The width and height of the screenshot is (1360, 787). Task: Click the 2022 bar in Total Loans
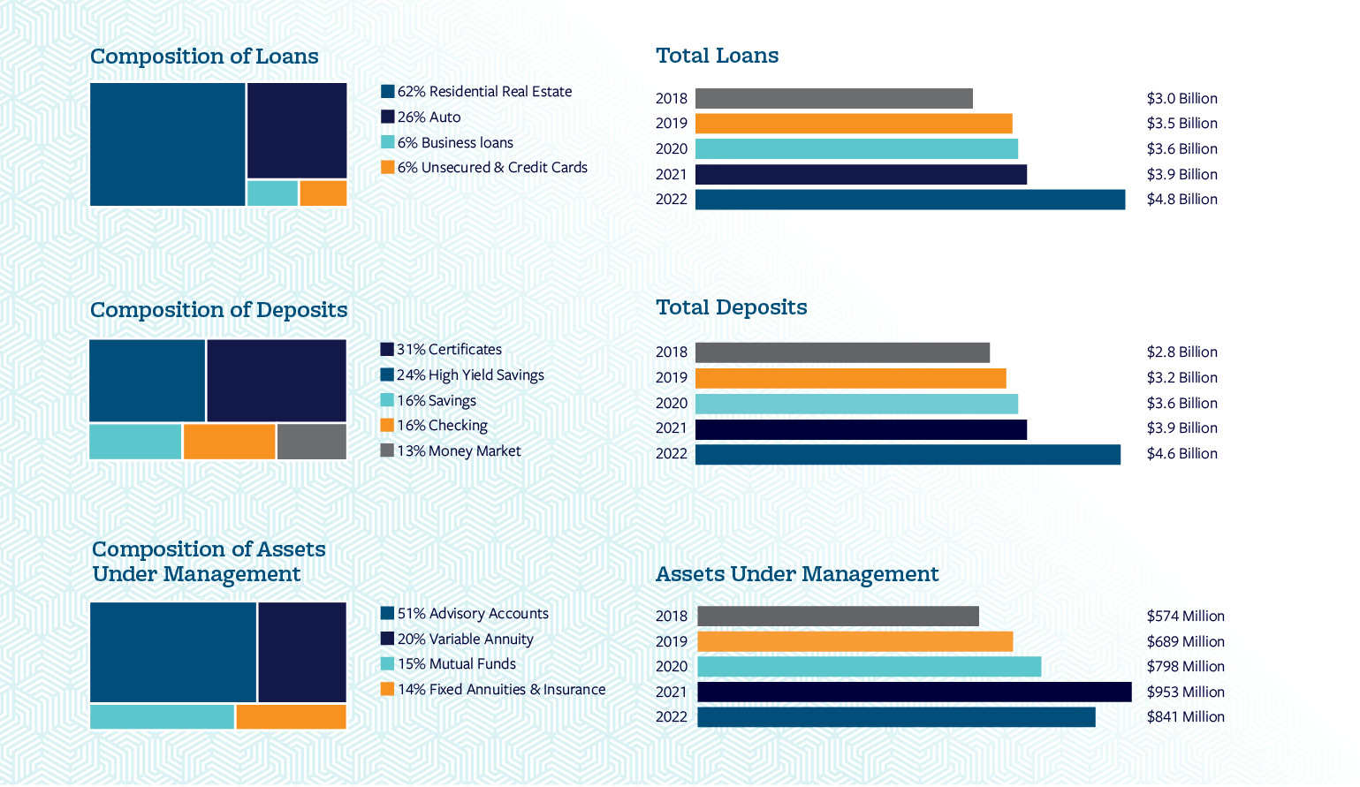[x=909, y=200]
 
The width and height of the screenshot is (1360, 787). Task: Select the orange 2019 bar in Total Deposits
[x=850, y=378]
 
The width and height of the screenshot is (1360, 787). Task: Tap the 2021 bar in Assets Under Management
[x=914, y=692]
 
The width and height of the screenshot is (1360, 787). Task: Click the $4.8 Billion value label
[x=1181, y=200]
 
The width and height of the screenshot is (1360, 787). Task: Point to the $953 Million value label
[x=1185, y=692]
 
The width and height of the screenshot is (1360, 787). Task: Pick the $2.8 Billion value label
[x=1181, y=352]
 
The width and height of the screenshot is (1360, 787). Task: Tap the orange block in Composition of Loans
[x=323, y=193]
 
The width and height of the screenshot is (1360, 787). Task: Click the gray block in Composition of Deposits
[x=311, y=442]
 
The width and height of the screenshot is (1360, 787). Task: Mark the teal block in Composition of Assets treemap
[x=162, y=716]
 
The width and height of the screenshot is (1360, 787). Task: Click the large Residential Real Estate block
[x=167, y=145]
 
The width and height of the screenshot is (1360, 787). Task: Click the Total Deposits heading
[x=731, y=307]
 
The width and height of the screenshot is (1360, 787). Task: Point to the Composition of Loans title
[x=204, y=57]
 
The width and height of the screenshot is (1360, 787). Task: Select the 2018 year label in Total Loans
[x=671, y=99]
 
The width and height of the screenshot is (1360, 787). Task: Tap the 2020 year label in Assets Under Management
[x=671, y=667]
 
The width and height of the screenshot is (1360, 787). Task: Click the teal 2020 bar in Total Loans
[x=856, y=149]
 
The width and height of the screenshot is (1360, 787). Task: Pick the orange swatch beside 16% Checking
[x=387, y=426]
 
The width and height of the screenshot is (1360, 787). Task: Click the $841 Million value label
[x=1185, y=717]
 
